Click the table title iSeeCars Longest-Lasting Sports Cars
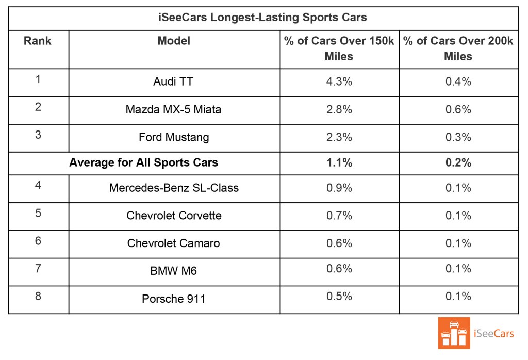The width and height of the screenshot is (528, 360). (x=262, y=18)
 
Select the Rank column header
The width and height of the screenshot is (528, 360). (x=38, y=41)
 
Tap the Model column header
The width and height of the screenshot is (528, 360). (x=174, y=41)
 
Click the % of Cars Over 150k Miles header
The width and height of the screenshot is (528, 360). (x=339, y=48)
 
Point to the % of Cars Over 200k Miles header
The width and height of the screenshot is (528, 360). (x=458, y=48)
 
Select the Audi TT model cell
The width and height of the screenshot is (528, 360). (x=174, y=82)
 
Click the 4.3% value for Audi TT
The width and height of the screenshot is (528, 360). (x=339, y=81)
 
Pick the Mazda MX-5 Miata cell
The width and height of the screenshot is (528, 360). (x=174, y=110)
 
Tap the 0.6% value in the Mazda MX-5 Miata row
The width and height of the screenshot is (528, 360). (x=458, y=109)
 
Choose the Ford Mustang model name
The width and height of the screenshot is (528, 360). (x=174, y=138)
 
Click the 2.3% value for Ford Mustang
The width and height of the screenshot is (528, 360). (x=339, y=137)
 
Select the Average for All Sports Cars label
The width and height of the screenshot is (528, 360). (x=144, y=163)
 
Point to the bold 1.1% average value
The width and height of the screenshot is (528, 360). (x=339, y=163)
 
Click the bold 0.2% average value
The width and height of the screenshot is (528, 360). (x=458, y=163)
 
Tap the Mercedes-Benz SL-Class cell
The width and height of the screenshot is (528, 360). (x=174, y=188)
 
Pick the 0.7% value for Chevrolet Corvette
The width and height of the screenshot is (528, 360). (x=339, y=216)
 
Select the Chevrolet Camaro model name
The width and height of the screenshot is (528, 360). (x=174, y=243)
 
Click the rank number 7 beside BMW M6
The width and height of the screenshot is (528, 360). (x=38, y=268)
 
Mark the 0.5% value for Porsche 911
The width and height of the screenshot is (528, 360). (x=339, y=296)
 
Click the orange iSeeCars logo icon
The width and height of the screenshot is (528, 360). (x=453, y=333)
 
